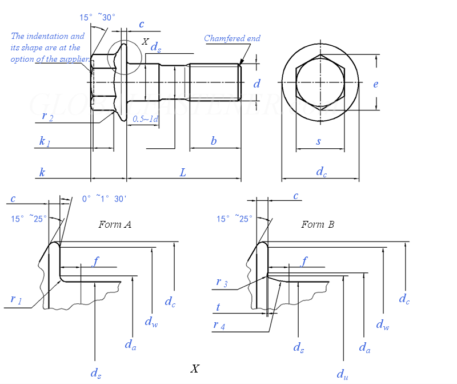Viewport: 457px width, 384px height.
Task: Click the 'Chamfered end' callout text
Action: [x=232, y=38]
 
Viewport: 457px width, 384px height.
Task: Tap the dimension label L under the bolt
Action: [x=183, y=172]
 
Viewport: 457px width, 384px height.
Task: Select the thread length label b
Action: [x=214, y=141]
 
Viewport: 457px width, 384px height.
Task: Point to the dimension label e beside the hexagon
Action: [x=375, y=84]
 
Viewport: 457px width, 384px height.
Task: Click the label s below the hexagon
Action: [x=319, y=141]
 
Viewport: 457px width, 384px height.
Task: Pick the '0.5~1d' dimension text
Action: [x=146, y=119]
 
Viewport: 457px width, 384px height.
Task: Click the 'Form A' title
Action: [x=115, y=224]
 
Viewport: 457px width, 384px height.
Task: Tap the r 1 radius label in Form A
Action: [x=16, y=299]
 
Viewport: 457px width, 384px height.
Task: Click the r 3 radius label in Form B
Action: [x=222, y=282]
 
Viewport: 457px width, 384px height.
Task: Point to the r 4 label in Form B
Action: [x=219, y=325]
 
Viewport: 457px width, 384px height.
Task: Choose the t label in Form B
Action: [x=218, y=307]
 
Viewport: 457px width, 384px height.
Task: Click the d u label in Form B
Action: [x=342, y=374]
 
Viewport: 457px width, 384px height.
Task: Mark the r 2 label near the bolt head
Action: [x=47, y=116]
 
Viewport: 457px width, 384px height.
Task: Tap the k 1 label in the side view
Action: [x=45, y=141]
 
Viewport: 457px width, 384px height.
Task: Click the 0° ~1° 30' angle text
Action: [x=104, y=199]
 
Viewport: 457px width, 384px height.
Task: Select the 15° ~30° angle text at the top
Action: [x=97, y=18]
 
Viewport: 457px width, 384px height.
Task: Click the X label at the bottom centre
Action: [x=195, y=369]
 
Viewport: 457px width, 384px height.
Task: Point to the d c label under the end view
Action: [x=321, y=171]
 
